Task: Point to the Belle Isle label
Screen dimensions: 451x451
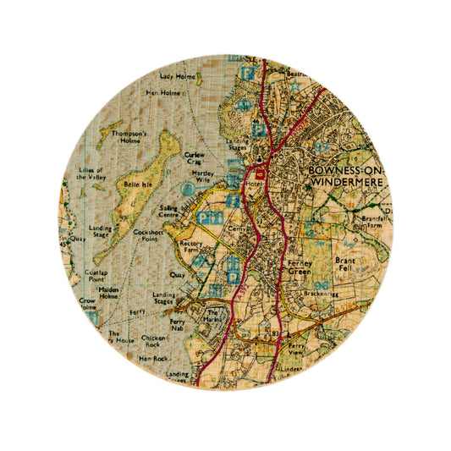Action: point(135,183)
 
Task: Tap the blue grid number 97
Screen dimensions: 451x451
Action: point(321,147)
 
